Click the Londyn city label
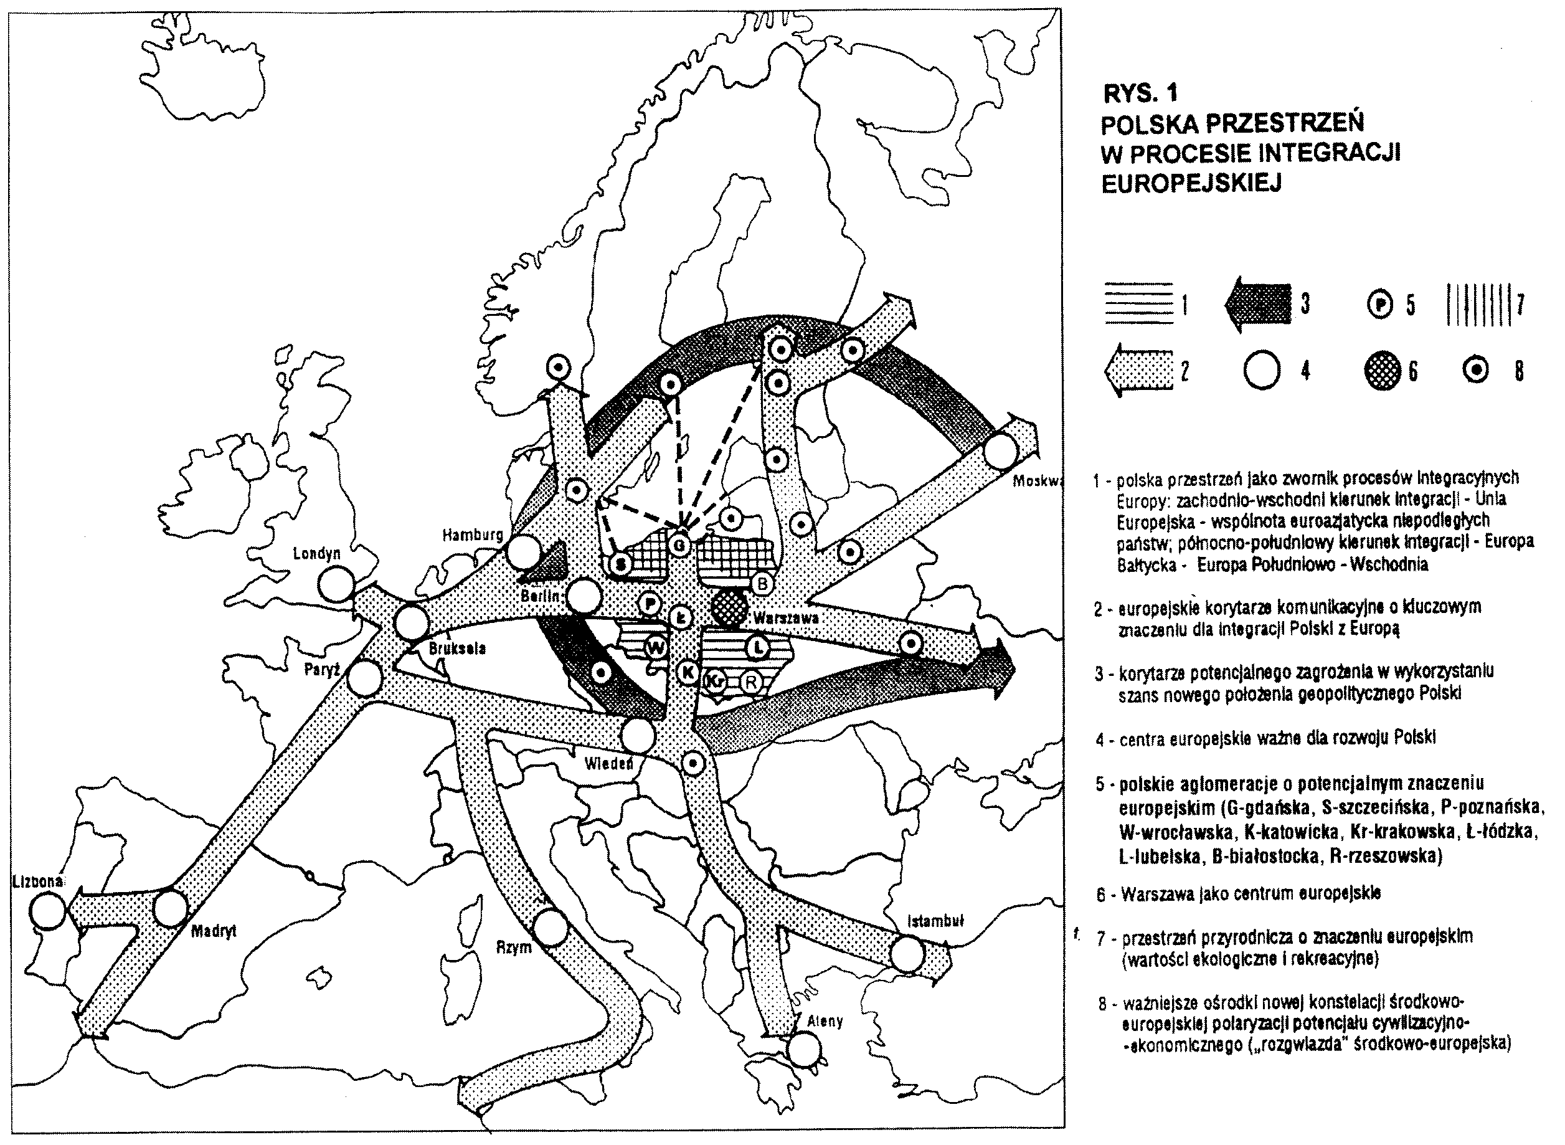click(x=316, y=553)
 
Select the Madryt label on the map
click(x=214, y=931)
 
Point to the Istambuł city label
click(x=935, y=921)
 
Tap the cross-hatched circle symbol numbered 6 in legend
click(x=1382, y=371)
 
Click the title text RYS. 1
click(x=1139, y=92)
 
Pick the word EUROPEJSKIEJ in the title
click(x=1191, y=183)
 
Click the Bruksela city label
click(x=457, y=649)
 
